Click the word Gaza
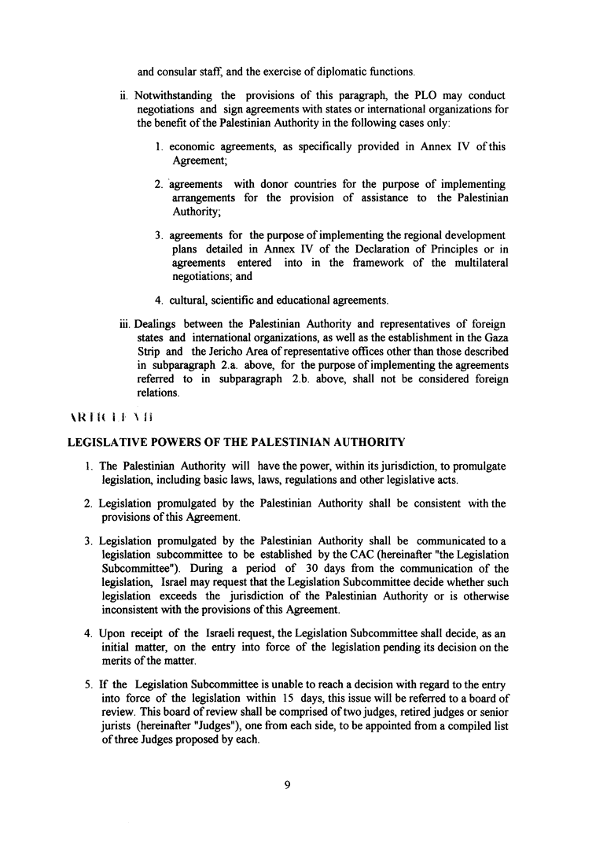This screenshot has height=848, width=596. coord(495,340)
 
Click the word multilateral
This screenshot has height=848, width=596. coord(479,262)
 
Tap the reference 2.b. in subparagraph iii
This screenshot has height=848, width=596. coord(305,378)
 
